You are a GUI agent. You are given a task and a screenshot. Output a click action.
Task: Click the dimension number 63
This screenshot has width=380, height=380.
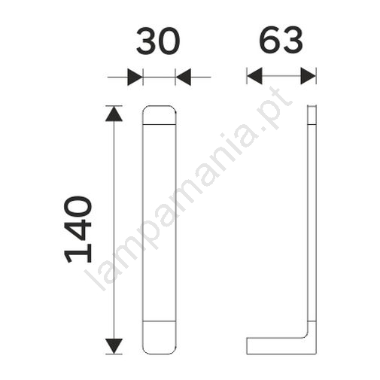tap(281, 40)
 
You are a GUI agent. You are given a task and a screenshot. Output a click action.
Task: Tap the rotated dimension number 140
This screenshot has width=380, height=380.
tap(78, 230)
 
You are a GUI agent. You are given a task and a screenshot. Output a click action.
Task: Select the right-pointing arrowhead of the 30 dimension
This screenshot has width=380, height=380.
tap(135, 77)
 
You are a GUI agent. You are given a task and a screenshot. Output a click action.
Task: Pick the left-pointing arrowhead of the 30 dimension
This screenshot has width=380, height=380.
tap(184, 77)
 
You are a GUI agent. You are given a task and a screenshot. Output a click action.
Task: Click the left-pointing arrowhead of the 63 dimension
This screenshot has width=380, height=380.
tap(255, 76)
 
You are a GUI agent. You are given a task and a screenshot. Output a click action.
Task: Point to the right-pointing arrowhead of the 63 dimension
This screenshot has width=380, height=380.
tap(309, 76)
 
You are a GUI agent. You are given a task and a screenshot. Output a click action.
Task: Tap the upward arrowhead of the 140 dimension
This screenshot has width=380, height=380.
tap(114, 114)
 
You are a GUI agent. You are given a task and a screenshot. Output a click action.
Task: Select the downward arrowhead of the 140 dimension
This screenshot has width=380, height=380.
tap(114, 346)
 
